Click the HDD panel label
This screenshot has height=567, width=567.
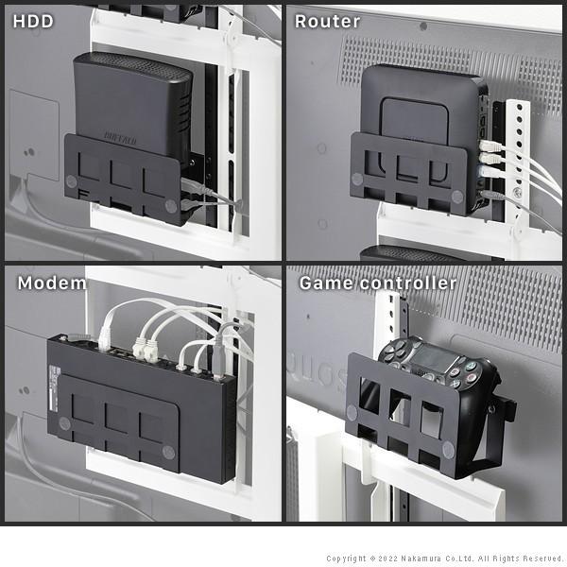[33, 21]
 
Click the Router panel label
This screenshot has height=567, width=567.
[327, 21]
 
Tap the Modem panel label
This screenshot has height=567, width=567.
[52, 283]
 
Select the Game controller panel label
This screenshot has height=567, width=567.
[377, 283]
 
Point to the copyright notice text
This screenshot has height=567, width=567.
[444, 558]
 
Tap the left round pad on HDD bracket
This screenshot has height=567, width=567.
[74, 180]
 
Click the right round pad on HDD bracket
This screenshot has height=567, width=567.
[170, 204]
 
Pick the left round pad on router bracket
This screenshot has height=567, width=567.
[357, 178]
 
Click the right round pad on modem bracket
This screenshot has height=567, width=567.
[169, 453]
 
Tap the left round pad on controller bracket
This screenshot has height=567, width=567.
[352, 412]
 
